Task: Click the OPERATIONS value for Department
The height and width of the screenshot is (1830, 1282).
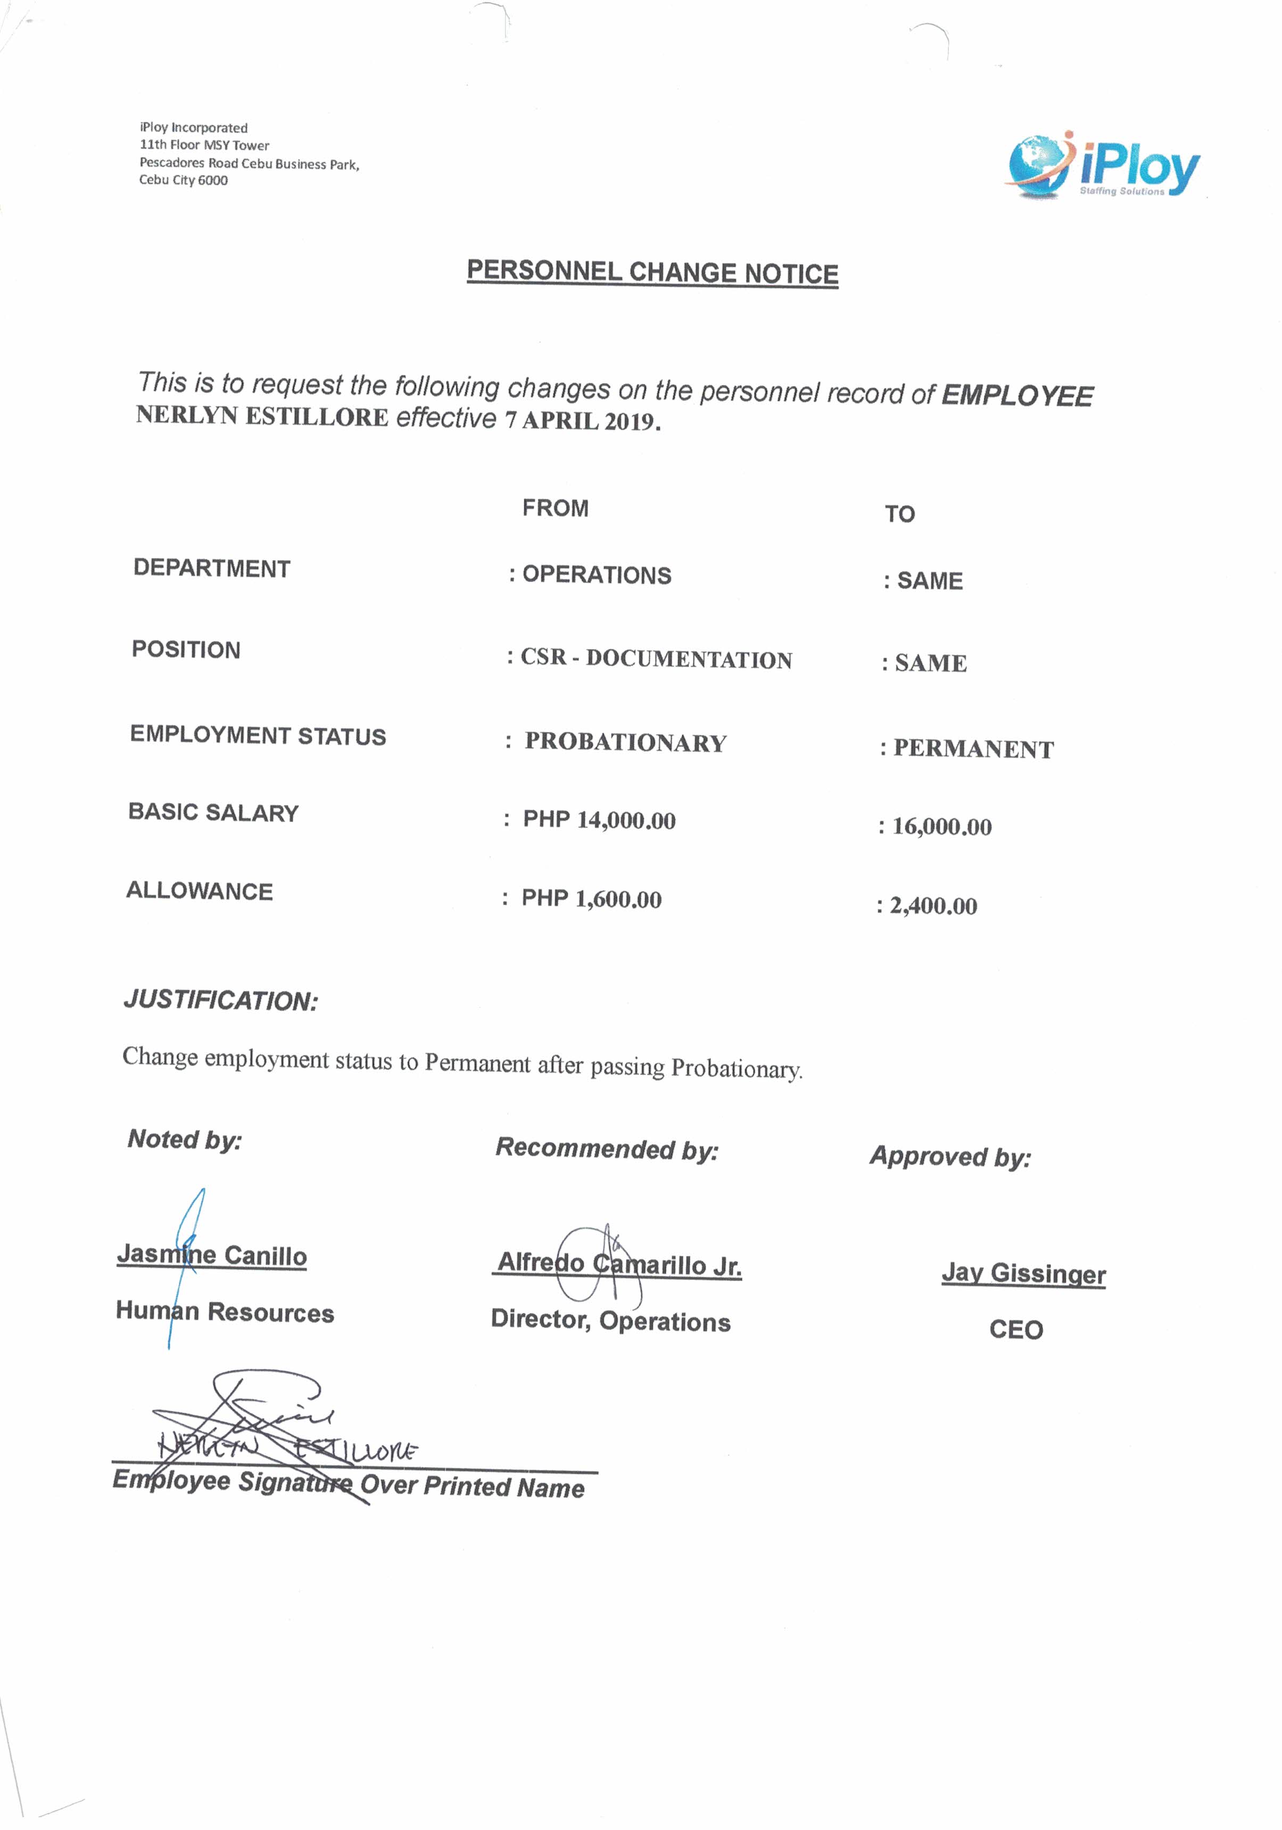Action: click(596, 575)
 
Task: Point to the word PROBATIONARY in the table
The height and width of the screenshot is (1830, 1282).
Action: click(625, 742)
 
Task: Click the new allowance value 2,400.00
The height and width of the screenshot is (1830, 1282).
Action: click(932, 906)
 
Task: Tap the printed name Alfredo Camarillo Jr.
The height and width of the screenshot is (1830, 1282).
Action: click(619, 1264)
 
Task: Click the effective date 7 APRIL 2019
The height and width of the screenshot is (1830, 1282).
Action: click(582, 420)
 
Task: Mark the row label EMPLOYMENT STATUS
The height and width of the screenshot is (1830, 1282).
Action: click(258, 735)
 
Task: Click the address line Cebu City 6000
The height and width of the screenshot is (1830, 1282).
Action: click(183, 180)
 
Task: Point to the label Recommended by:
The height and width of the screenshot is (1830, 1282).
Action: click(606, 1148)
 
